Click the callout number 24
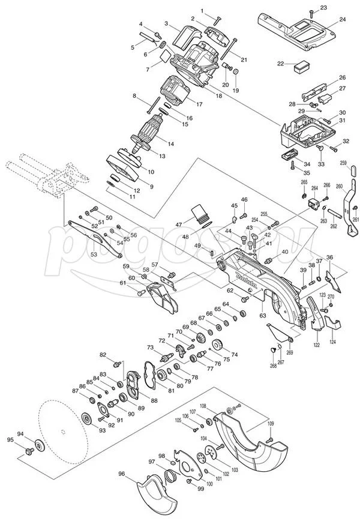coord(342,20)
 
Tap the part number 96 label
coord(122,474)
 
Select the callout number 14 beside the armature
coord(171,144)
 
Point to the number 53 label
coord(94,254)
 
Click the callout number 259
coord(344,163)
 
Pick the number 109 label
coord(271,424)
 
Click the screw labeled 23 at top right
coord(311,12)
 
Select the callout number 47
coord(179,224)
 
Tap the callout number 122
coord(316,346)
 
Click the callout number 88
coord(154,400)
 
